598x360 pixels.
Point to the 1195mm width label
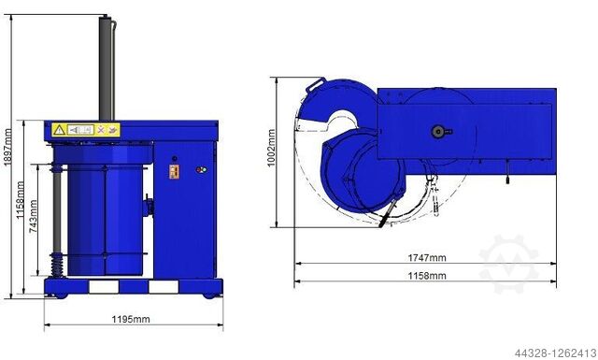point(131,319)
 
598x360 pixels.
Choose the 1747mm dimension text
point(425,257)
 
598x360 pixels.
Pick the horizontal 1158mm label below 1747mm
point(425,275)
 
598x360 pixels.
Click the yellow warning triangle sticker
point(60,130)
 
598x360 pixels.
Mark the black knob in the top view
point(437,132)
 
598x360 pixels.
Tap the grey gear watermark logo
point(508,265)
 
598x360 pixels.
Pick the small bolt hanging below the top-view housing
point(505,171)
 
